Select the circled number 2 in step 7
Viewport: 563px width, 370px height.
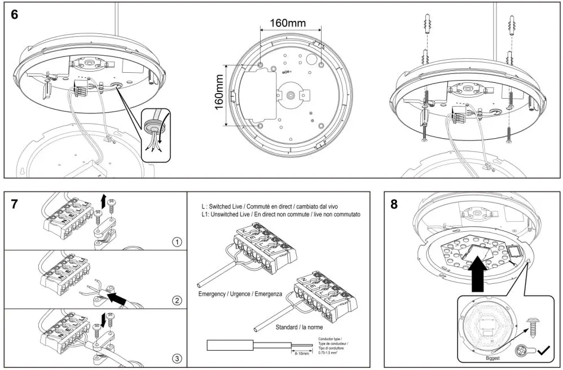[177, 300]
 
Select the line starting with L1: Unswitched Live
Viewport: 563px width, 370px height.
[281, 215]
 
